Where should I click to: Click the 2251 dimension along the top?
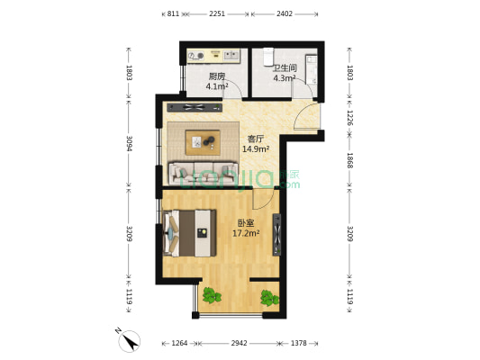point(216,14)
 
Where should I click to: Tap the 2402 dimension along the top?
point(284,14)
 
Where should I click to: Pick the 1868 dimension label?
point(350,160)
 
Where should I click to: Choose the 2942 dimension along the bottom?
point(238,344)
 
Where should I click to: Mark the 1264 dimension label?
point(180,344)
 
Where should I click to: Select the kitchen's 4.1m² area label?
point(216,87)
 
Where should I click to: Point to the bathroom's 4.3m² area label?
point(260,79)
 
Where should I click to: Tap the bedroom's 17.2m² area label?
point(247,233)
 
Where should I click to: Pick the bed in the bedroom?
point(189,232)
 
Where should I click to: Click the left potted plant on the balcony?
point(212,294)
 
